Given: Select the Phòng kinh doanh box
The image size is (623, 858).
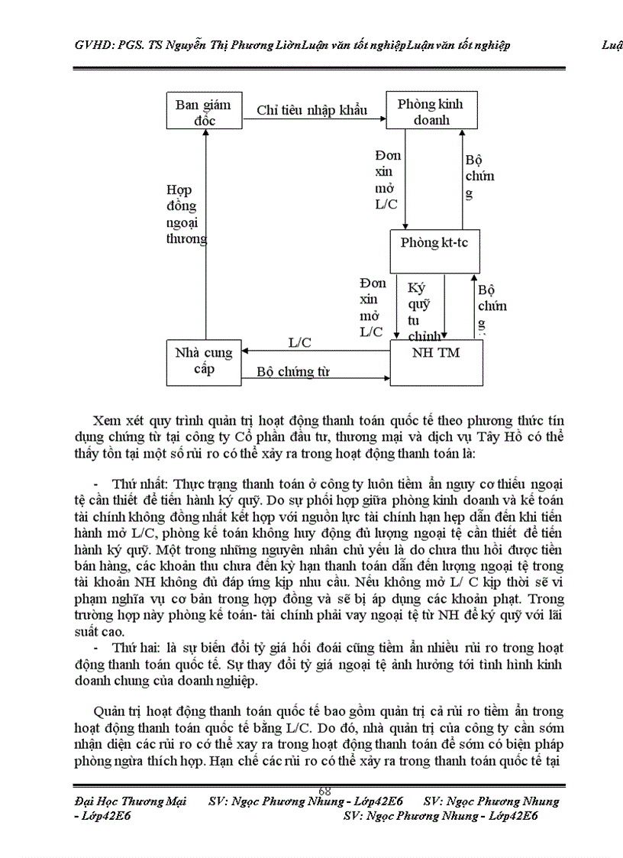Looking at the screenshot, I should point(431,112).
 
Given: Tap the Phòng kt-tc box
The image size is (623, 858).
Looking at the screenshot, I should point(434,243).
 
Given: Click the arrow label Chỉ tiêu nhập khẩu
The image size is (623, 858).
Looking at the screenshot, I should point(311,110).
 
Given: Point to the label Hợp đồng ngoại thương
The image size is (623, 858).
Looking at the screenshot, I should point(186,214).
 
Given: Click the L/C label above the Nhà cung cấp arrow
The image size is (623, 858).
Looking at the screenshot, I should point(299,342).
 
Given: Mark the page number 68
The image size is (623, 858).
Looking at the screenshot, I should point(324,790).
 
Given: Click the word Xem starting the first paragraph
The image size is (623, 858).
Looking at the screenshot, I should point(108,421).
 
